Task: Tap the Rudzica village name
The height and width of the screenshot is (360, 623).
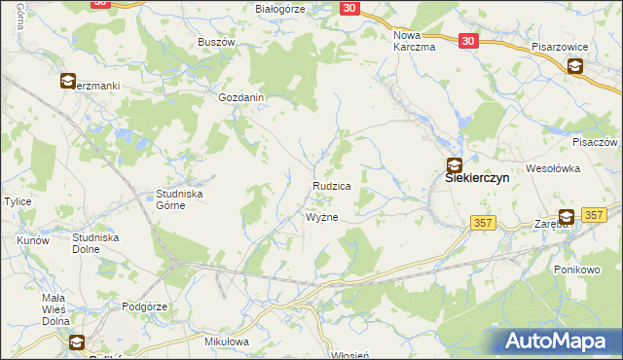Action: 331,184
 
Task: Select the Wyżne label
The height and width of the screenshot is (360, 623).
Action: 322,217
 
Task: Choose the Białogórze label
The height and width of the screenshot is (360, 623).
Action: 280,8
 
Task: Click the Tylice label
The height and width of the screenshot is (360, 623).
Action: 18,201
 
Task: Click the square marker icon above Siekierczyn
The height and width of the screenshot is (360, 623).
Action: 455,165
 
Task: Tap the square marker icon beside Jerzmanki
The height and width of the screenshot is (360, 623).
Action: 68,83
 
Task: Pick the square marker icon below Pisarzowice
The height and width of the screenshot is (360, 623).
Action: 575,66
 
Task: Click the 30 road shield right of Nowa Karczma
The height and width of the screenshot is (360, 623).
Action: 470,41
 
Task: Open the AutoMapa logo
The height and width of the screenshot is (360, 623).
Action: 562,341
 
